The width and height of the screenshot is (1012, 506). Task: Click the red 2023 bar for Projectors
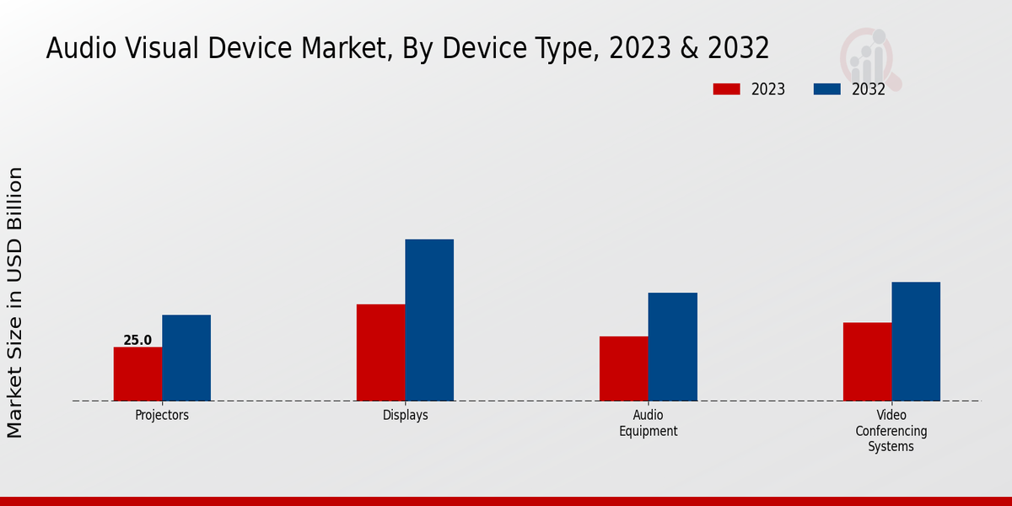tap(137, 374)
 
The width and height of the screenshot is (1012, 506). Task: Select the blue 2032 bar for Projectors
tap(186, 358)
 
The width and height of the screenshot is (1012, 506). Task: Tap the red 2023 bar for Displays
tap(380, 353)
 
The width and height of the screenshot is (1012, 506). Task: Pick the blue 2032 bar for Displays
tap(429, 320)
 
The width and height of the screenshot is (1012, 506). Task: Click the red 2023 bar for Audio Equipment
tap(624, 369)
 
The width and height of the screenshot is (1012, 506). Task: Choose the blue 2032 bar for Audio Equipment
tap(673, 347)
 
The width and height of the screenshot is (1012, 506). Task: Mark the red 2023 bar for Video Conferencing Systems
tap(867, 362)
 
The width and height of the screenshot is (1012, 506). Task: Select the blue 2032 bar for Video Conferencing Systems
tap(916, 342)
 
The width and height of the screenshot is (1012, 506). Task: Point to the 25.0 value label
tap(137, 341)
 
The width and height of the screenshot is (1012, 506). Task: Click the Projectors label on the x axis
tap(162, 415)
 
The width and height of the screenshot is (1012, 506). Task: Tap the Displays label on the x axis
tap(405, 415)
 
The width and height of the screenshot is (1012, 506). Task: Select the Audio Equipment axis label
tap(648, 423)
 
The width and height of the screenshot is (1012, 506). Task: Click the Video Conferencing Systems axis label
tap(891, 431)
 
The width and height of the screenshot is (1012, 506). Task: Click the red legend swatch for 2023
tap(726, 89)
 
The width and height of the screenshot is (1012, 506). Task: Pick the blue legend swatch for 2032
tap(827, 89)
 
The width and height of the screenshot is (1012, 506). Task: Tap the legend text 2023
tap(768, 89)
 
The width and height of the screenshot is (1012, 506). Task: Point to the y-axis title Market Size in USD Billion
tap(15, 302)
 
